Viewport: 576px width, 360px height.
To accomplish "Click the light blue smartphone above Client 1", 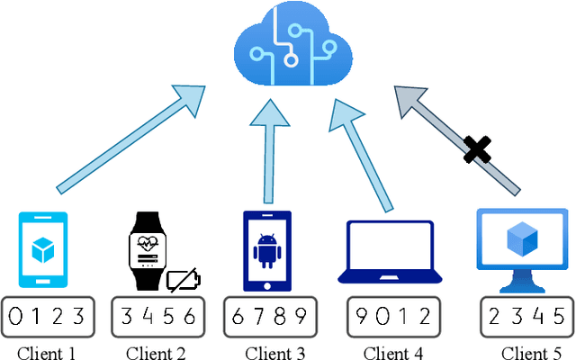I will click(42, 249).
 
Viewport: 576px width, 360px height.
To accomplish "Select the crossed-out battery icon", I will click(184, 279).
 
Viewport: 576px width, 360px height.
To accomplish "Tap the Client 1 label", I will click(47, 352).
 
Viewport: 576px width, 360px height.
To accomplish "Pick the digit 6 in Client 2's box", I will click(190, 316).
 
